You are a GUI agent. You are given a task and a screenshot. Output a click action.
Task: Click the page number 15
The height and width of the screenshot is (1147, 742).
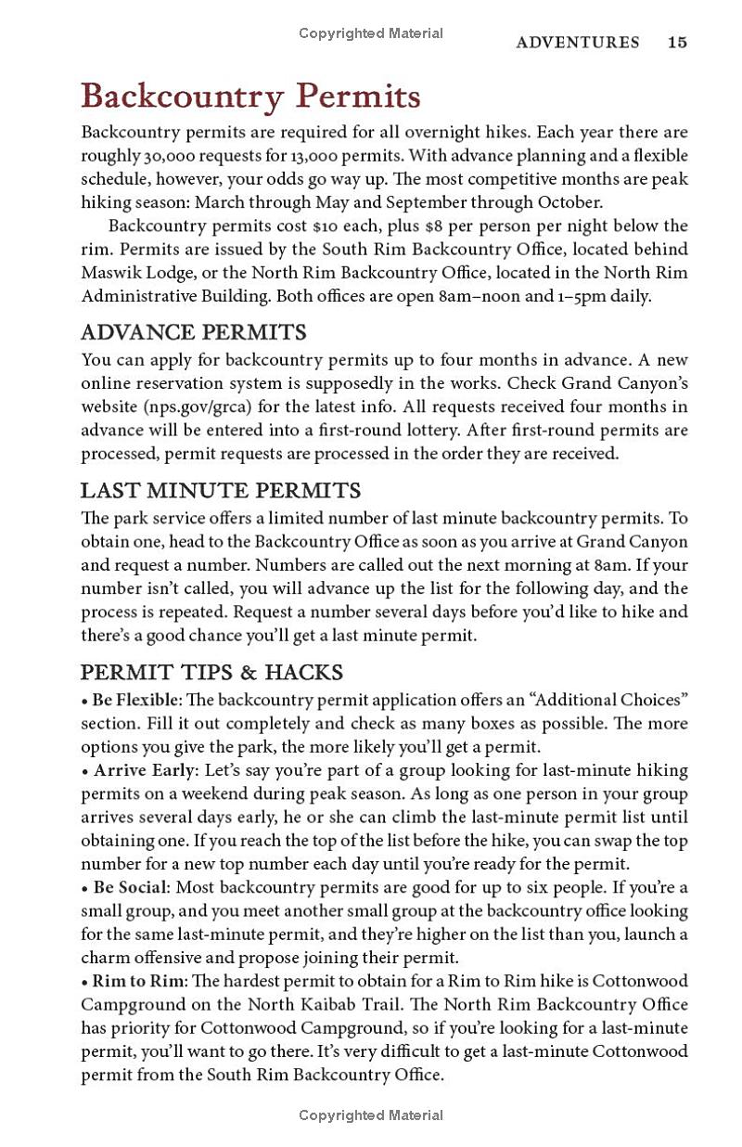tap(677, 42)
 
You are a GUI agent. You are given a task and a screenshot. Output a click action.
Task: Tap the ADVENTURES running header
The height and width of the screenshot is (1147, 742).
tap(578, 42)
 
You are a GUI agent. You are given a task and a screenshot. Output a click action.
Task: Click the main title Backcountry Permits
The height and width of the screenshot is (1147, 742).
tap(251, 97)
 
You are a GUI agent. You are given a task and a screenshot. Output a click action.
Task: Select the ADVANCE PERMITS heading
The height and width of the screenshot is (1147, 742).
tap(194, 332)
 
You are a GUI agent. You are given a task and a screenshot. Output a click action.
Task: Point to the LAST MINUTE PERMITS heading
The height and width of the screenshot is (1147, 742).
tap(221, 490)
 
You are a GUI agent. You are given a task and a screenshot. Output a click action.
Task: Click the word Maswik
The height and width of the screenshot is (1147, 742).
tap(110, 273)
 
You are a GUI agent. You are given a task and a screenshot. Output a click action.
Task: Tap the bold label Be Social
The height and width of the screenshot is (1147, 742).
tap(128, 887)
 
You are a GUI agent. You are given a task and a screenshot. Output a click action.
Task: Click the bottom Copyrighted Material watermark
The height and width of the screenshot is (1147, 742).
tap(371, 1115)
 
